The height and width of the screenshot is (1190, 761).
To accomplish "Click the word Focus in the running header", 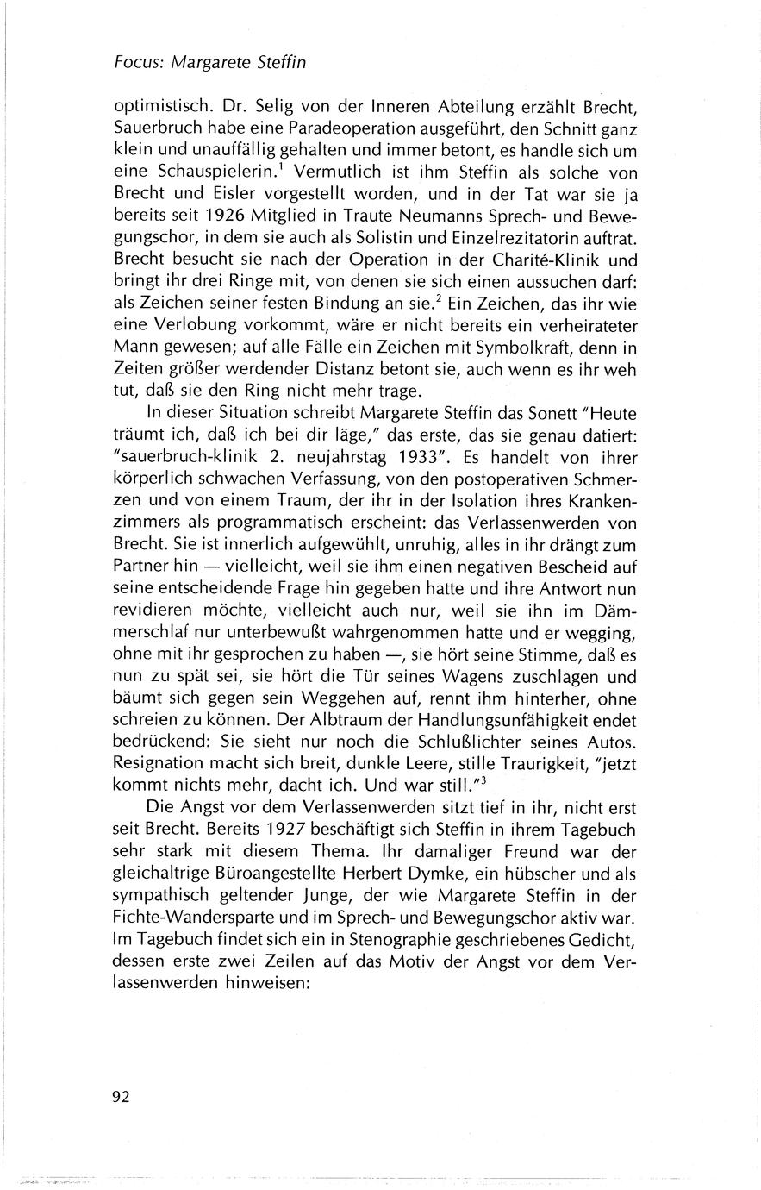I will pyautogui.click(x=138, y=62).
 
